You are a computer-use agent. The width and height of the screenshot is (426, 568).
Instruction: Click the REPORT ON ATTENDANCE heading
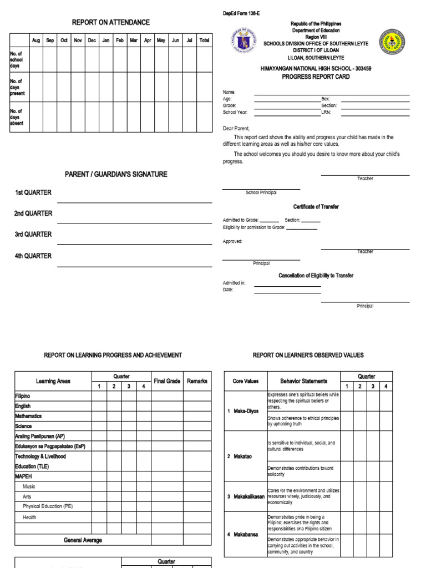(x=111, y=22)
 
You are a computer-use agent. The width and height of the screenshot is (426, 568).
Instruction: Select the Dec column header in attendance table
(x=92, y=40)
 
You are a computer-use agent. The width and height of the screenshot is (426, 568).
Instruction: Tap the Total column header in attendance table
(x=204, y=40)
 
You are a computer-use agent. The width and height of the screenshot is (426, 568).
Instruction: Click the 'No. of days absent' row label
(x=17, y=117)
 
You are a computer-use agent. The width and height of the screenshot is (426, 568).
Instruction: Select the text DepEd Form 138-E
(x=242, y=13)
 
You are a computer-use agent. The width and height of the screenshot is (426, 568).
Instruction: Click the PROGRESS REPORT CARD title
(x=316, y=77)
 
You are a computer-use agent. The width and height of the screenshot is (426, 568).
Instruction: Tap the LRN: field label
(x=326, y=112)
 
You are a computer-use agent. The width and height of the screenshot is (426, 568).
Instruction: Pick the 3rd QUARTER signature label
(x=33, y=235)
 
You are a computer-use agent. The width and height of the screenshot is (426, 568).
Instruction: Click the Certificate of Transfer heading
(x=316, y=207)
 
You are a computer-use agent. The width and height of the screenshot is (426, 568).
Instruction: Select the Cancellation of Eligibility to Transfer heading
(x=316, y=276)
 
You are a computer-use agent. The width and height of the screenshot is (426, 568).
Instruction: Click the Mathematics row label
(x=28, y=416)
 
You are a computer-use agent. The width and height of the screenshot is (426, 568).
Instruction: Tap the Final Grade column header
(x=167, y=381)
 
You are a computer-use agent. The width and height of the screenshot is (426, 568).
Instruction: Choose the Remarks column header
(x=197, y=381)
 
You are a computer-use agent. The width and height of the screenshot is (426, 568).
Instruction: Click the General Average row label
(x=83, y=540)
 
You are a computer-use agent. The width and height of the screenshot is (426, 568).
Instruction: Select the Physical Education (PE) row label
(x=48, y=506)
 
